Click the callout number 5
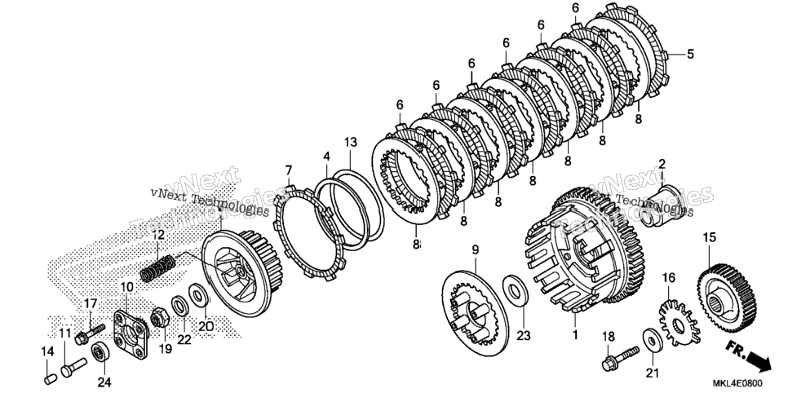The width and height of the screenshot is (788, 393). click(x=690, y=54)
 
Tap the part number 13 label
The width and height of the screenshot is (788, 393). click(x=351, y=142)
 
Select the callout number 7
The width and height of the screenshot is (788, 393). click(x=289, y=170)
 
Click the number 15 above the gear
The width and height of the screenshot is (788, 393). click(x=710, y=237)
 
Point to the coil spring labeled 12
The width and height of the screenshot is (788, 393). click(x=157, y=268)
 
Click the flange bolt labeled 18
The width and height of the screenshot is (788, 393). click(x=621, y=356)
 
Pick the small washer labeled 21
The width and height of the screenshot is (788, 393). click(x=652, y=341)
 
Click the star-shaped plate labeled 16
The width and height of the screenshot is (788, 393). click(x=679, y=323)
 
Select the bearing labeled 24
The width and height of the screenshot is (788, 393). click(x=100, y=352)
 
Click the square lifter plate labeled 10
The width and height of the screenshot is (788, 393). click(x=131, y=333)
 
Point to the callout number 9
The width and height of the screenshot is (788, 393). click(x=475, y=249)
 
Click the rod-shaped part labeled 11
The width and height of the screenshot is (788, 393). click(x=73, y=366)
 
